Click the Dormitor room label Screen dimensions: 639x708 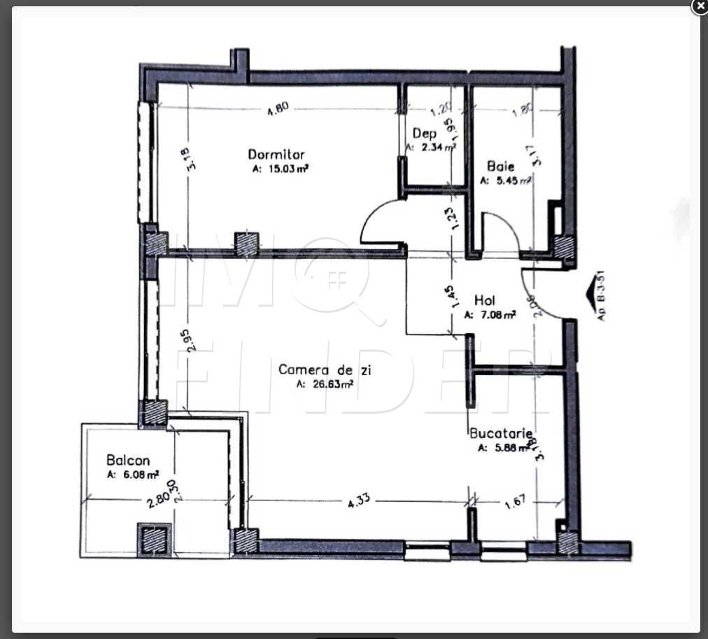click(x=276, y=155)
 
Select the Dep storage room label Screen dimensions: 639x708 click(x=424, y=133)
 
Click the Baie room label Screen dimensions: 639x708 click(x=501, y=167)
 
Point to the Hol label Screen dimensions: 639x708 click(x=485, y=301)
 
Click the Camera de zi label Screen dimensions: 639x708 click(x=324, y=369)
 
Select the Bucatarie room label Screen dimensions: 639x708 click(x=502, y=434)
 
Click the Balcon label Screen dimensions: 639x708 click(x=128, y=461)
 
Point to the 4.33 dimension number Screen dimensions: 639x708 click(x=358, y=500)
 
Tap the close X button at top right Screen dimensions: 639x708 click(x=700, y=6)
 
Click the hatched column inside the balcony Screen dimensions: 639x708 click(x=153, y=539)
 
